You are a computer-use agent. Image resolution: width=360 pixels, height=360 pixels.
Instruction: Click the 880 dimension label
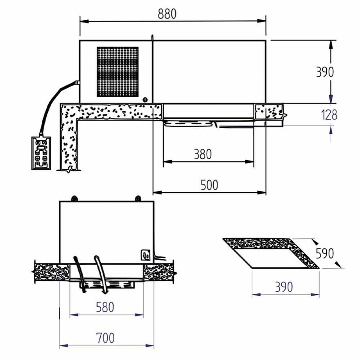click(x=167, y=13)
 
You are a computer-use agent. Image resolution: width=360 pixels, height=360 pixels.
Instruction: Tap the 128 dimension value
click(x=329, y=115)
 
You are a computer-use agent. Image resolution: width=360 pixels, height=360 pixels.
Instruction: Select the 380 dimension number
click(x=202, y=154)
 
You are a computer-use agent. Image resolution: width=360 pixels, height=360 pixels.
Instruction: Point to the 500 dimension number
click(x=209, y=185)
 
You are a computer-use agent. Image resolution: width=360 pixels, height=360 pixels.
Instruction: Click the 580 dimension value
click(x=105, y=307)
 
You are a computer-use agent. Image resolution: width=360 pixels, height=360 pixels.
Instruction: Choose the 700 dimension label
click(x=105, y=338)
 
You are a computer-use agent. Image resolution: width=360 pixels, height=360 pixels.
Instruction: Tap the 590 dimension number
click(x=324, y=253)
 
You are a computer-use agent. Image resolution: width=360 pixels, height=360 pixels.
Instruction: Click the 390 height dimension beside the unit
click(x=324, y=72)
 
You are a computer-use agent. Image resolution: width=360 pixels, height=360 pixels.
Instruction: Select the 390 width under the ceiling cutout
click(x=284, y=287)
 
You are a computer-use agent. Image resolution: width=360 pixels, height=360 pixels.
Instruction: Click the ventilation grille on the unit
click(x=117, y=72)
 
